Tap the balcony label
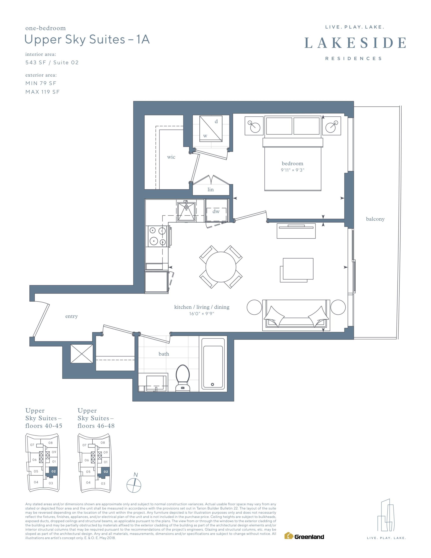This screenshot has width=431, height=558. [375, 219]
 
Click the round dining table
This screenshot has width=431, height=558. [221, 267]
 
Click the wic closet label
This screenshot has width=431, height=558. [171, 157]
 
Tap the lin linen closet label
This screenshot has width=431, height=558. [210, 189]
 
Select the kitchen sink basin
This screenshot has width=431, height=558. [186, 212]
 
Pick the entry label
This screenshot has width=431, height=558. [71, 316]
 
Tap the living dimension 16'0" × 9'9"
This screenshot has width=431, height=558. [202, 314]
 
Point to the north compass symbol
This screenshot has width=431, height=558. [134, 485]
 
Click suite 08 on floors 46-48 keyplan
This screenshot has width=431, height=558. [103, 442]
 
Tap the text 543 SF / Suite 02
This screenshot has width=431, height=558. [52, 63]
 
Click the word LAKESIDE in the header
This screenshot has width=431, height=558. [355, 43]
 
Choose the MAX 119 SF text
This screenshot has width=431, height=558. [42, 92]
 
